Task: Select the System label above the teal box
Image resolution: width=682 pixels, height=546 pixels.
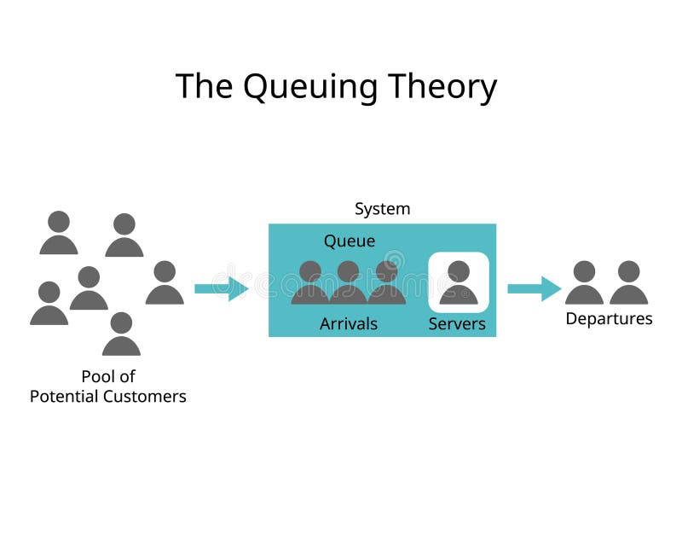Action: (x=382, y=209)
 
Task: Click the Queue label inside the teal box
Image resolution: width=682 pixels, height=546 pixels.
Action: (x=349, y=241)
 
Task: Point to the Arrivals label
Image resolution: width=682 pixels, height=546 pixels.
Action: (x=349, y=324)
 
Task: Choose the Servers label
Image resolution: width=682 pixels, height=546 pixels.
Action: (x=457, y=324)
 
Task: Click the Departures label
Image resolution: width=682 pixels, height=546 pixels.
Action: (x=609, y=319)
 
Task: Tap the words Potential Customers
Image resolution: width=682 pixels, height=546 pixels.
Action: (x=108, y=397)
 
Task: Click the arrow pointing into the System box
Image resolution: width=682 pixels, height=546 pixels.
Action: (x=221, y=288)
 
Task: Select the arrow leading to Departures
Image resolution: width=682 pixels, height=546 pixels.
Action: (x=534, y=288)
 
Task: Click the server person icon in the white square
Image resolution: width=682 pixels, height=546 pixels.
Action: (x=459, y=283)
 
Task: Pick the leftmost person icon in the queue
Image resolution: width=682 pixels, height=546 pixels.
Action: (x=310, y=283)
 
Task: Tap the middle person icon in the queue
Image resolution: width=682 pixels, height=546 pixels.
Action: (x=348, y=283)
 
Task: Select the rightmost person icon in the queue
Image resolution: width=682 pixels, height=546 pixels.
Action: (x=386, y=283)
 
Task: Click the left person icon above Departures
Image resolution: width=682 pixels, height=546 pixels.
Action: (x=584, y=283)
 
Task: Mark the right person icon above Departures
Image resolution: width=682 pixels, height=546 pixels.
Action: (x=629, y=283)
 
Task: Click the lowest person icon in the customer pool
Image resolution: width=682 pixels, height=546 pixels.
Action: (x=121, y=334)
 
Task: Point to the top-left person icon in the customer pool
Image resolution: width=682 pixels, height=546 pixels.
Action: (x=59, y=233)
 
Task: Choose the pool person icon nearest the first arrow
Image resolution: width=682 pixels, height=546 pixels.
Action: (x=165, y=283)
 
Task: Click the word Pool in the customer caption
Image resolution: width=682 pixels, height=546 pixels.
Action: (x=98, y=376)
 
